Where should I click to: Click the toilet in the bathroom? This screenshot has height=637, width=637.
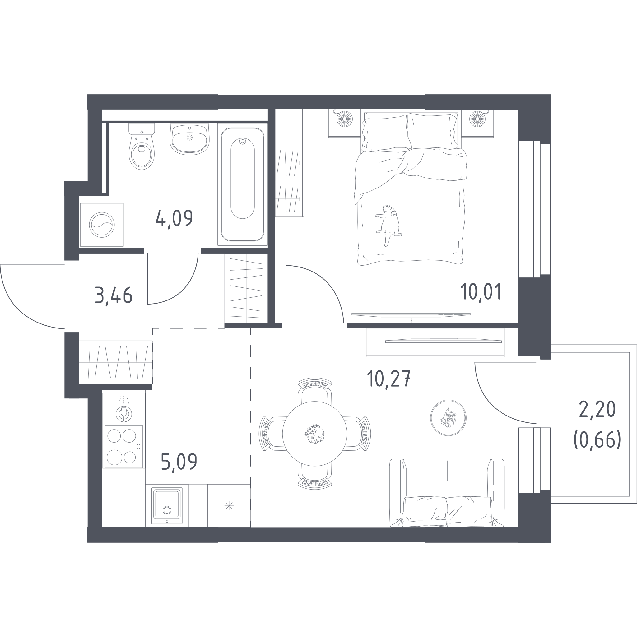click(142, 147)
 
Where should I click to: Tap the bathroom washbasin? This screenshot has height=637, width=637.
click(190, 139)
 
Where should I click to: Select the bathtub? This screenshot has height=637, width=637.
click(242, 184)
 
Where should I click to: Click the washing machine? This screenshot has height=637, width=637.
click(102, 225)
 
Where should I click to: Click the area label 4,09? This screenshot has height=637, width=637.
click(174, 219)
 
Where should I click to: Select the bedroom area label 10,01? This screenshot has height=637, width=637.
click(481, 291)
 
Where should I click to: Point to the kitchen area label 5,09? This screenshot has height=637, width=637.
click(179, 462)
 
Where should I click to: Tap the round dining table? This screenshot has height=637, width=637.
click(315, 434)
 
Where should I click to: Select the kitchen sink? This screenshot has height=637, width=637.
click(167, 505)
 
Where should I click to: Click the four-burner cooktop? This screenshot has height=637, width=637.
click(124, 446)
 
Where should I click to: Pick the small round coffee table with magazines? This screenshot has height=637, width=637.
click(448, 418)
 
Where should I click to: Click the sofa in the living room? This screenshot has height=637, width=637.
click(447, 493)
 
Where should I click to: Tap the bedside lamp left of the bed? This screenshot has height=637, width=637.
click(345, 119)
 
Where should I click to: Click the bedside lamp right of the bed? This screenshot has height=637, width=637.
click(477, 119)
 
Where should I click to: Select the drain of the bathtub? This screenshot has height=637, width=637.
click(243, 142)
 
